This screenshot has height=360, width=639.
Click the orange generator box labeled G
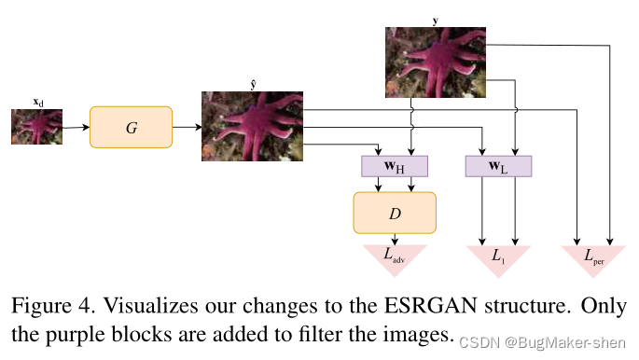click(x=131, y=127)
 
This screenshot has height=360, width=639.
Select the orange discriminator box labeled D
click(x=394, y=213)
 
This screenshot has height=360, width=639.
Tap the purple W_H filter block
click(x=394, y=167)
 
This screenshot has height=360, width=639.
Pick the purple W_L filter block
click(x=497, y=167)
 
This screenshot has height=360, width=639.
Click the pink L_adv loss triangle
click(x=395, y=256)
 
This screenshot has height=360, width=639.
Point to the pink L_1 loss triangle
click(x=497, y=256)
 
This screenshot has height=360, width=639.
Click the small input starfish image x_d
click(x=36, y=127)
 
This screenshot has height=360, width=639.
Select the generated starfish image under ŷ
click(x=253, y=126)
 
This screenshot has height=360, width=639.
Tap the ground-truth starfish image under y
click(x=437, y=62)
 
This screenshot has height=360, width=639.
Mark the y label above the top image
click(x=436, y=19)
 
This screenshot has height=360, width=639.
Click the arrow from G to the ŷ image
click(x=187, y=127)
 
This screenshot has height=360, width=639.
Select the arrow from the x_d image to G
click(x=76, y=127)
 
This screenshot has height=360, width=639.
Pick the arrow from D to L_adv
click(x=395, y=239)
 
